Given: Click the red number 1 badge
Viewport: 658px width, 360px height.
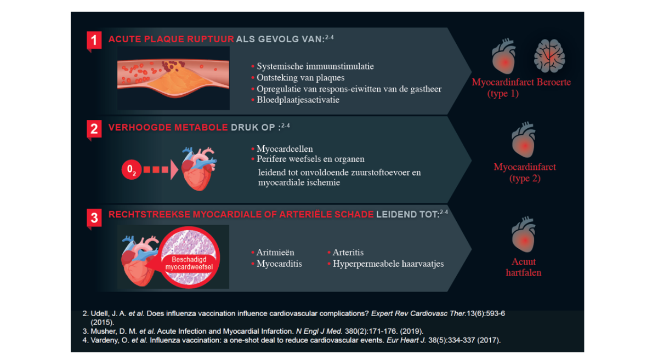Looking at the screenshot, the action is tap(94, 40).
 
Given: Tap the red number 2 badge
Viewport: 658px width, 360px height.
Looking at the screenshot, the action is tap(94, 129).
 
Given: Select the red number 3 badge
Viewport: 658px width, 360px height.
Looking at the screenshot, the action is tap(94, 218).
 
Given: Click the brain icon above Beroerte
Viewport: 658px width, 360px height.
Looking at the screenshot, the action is tap(549, 56).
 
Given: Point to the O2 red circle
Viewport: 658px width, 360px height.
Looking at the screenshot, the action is tap(131, 169).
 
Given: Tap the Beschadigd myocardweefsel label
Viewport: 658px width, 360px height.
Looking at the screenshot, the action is tap(189, 263).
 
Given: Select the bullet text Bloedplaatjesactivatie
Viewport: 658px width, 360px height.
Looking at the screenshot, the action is tap(298, 100).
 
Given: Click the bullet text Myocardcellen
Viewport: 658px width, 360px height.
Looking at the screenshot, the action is tap(285, 148).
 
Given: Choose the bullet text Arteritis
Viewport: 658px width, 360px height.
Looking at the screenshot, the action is tap(348, 252).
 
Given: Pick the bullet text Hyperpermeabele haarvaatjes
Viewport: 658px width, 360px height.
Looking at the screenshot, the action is tap(388, 264).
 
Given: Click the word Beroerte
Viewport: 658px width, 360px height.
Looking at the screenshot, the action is tap(554, 82).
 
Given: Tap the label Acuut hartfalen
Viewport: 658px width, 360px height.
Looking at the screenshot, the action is tap(524, 267).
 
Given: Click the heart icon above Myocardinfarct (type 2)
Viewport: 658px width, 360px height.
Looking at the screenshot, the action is tap(524, 140).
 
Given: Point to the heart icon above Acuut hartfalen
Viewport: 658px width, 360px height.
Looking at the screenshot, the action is tap(524, 235).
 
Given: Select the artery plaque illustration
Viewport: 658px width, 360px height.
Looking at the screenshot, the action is tap(173, 78).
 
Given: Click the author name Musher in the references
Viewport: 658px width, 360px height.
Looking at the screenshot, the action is tap(103, 332).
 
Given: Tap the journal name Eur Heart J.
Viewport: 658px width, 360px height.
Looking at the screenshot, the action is tap(406, 340).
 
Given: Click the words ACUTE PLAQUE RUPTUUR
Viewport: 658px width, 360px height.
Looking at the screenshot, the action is tap(171, 39).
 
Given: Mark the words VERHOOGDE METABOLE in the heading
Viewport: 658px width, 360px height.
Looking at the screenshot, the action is tap(168, 128).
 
